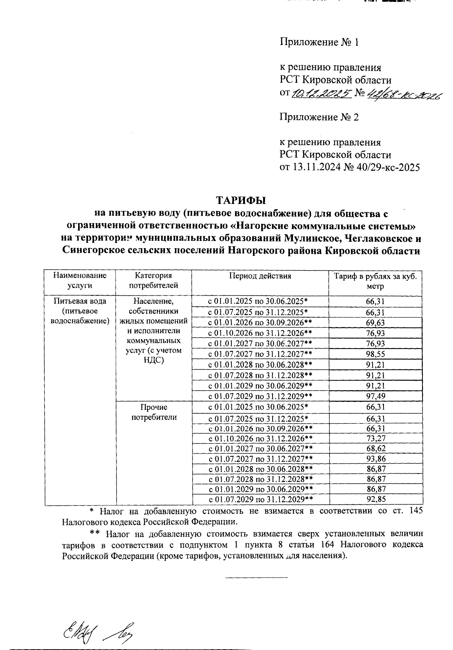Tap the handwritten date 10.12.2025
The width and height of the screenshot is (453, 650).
(x=321, y=93)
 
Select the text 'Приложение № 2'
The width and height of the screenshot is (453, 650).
(x=319, y=117)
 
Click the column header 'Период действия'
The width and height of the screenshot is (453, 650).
(x=260, y=276)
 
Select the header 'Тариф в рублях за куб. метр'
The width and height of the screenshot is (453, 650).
(x=375, y=281)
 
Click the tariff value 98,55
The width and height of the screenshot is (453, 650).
(x=375, y=354)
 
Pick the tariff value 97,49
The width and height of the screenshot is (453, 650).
(x=375, y=396)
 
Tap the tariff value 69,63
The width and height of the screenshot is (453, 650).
(x=375, y=323)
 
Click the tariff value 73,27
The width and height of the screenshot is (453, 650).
(x=375, y=438)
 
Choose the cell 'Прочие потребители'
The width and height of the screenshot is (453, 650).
(x=154, y=412)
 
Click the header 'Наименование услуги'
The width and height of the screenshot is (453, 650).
(x=80, y=281)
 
